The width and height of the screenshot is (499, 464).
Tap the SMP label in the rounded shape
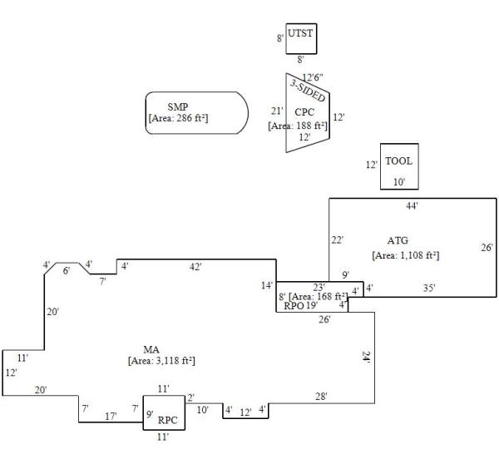pyautogui.click(x=177, y=107)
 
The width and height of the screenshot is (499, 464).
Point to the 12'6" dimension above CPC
pyautogui.click(x=312, y=77)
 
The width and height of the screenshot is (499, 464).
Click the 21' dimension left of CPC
pyautogui.click(x=278, y=111)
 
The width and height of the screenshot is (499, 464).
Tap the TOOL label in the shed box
pyautogui.click(x=398, y=161)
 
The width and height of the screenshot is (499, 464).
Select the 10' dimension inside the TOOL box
pyautogui.click(x=399, y=180)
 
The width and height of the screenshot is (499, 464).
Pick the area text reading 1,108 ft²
pyautogui.click(x=405, y=255)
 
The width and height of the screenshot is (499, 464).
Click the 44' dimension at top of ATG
pyautogui.click(x=412, y=205)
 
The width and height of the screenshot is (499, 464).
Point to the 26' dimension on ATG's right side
pyautogui.click(x=487, y=247)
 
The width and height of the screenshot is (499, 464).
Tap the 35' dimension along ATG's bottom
pyautogui.click(x=429, y=289)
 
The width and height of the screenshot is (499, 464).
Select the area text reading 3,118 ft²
pyautogui.click(x=161, y=361)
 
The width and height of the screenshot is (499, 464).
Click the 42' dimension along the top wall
pyautogui.click(x=195, y=267)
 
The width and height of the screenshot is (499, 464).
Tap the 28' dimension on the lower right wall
pyautogui.click(x=321, y=397)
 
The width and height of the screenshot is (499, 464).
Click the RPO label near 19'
pyautogui.click(x=294, y=305)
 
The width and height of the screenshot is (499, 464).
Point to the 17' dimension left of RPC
pyautogui.click(x=110, y=416)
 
